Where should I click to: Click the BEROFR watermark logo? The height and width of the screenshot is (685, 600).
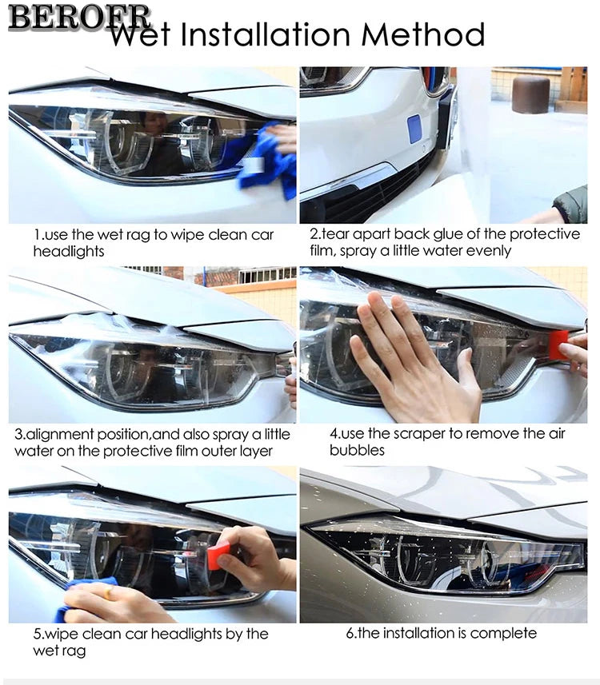pos(79,18)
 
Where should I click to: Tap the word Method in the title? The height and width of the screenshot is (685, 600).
pos(422,34)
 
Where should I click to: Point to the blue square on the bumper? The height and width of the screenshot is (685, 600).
pos(414,129)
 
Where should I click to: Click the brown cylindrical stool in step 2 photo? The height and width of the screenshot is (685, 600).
pos(530,94)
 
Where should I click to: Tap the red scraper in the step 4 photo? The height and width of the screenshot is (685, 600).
pos(559,345)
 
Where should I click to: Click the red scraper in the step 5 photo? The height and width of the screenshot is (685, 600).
pos(218,556)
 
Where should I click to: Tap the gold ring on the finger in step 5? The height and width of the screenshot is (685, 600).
pos(107,592)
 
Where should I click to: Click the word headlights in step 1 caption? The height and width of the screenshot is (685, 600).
pos(69,252)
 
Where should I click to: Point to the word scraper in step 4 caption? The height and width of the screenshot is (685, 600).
pos(418,434)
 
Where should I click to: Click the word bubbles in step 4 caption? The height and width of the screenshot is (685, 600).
pos(357,450)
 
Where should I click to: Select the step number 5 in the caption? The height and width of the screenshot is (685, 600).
pos(37,635)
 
